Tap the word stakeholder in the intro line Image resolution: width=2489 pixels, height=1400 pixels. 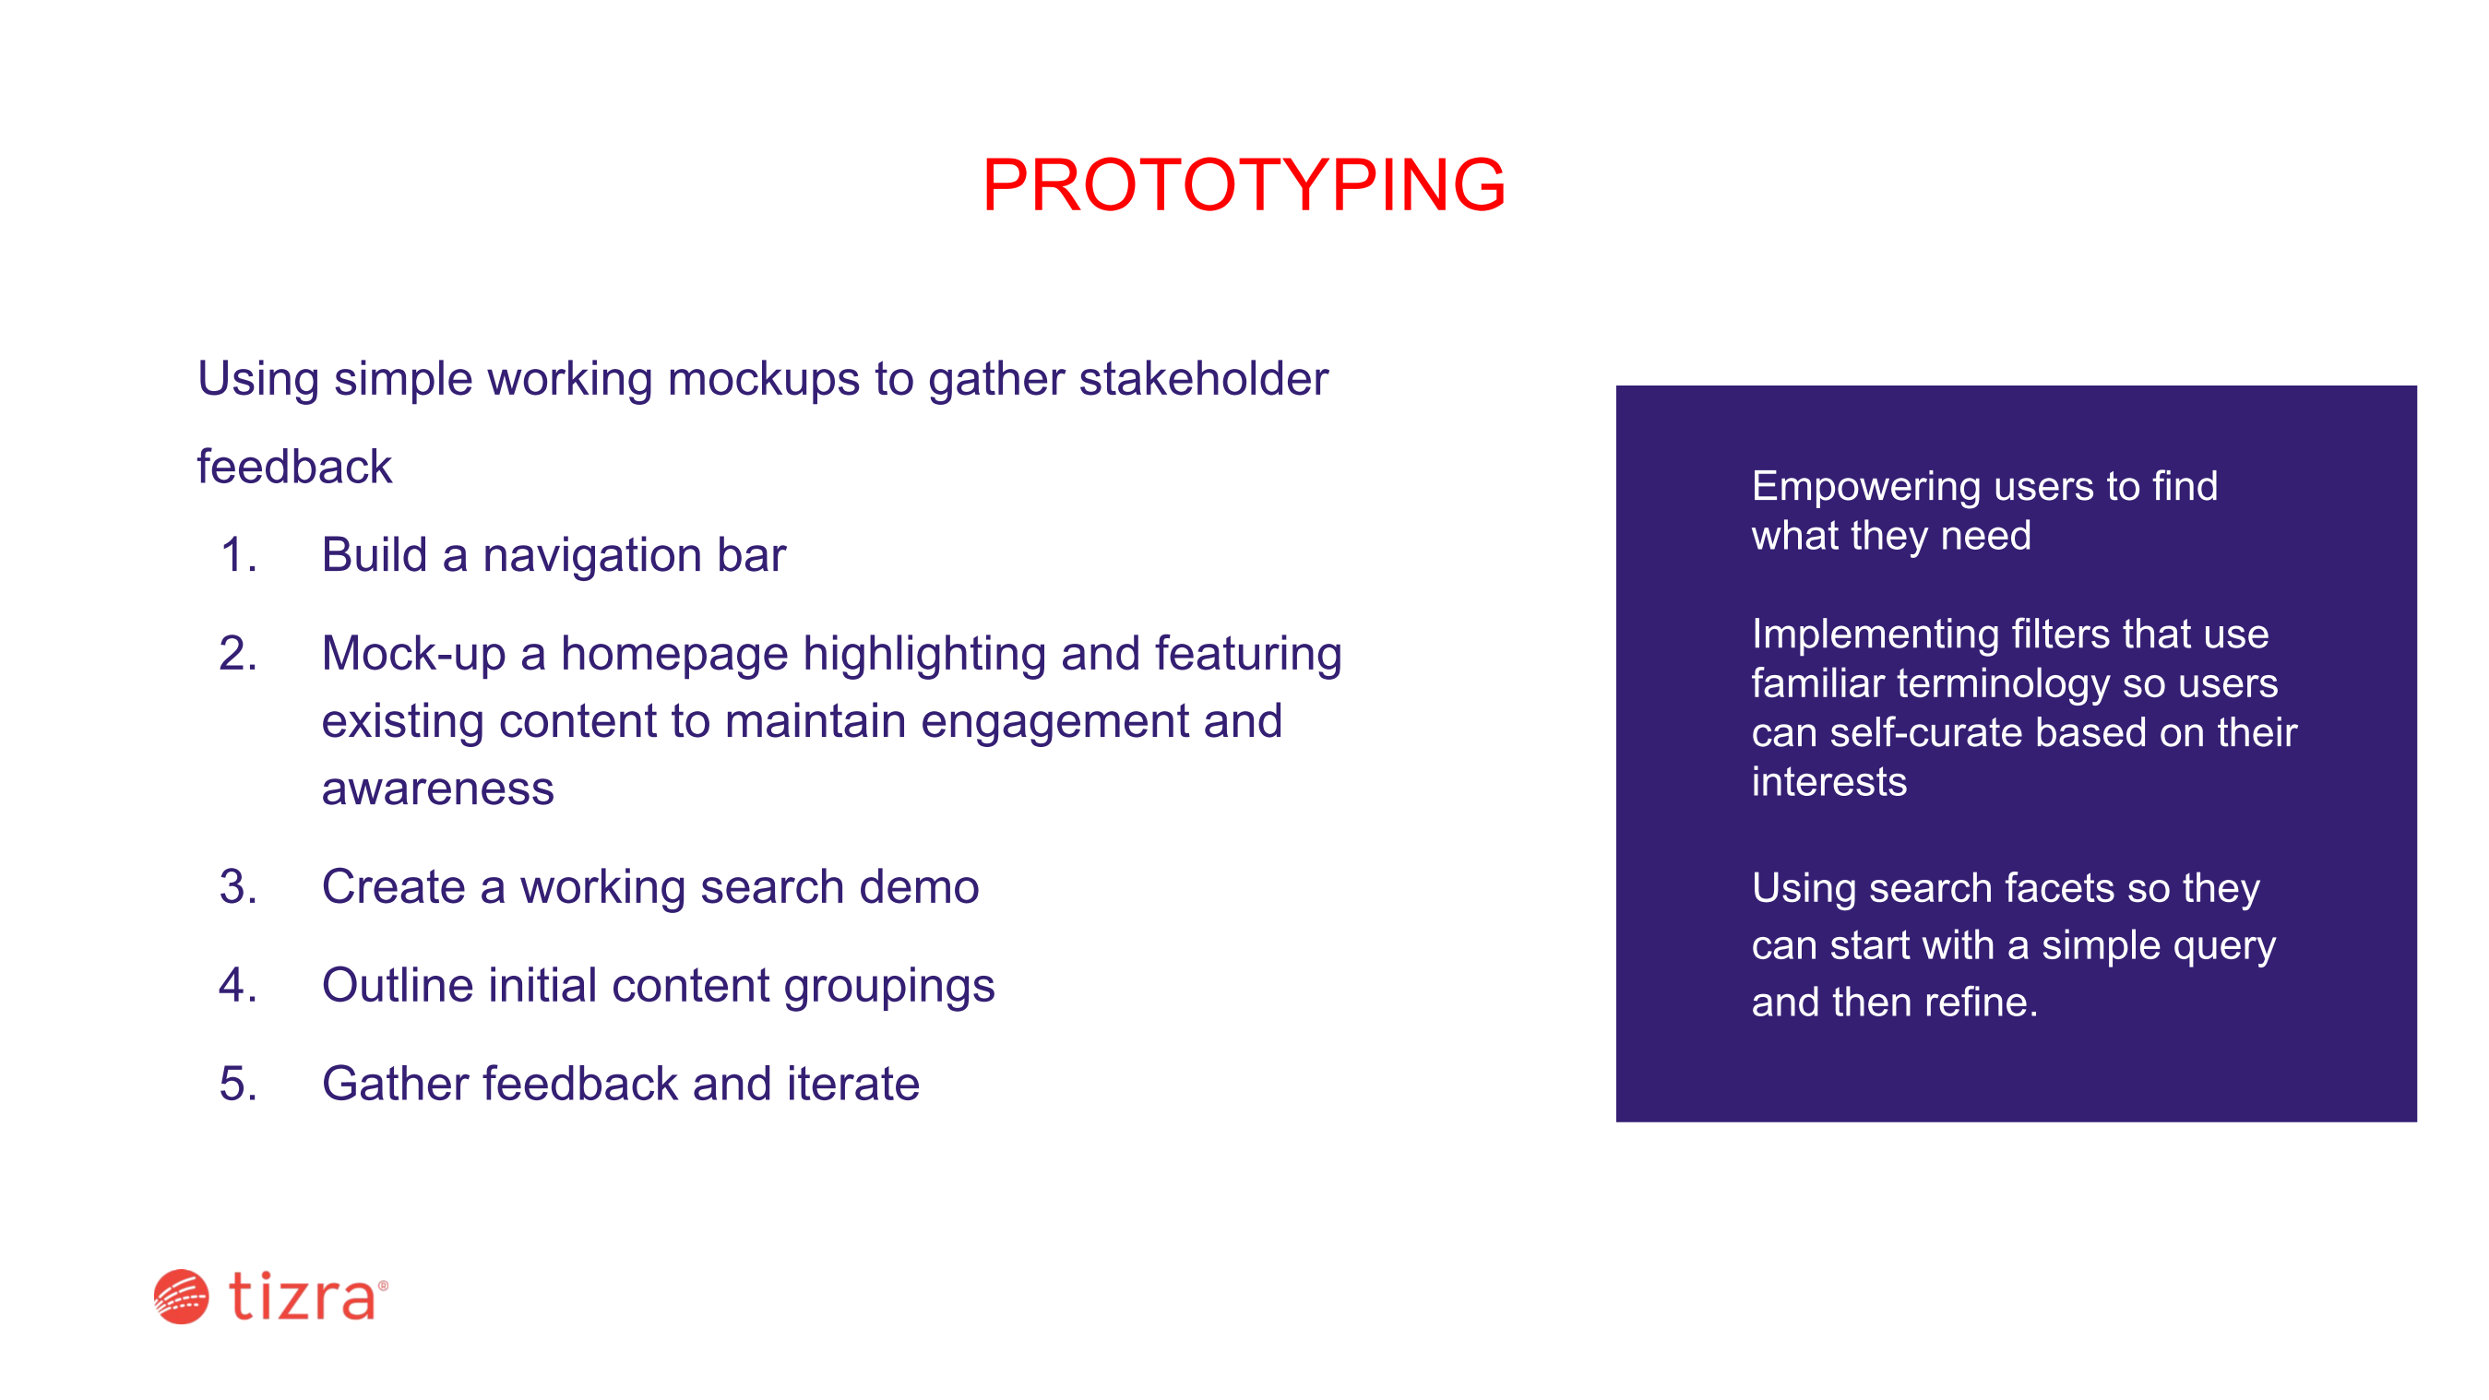[1203, 378]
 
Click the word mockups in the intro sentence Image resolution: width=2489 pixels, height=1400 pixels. [763, 380]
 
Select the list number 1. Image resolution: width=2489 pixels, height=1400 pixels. [239, 555]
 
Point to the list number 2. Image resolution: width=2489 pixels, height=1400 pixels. [239, 654]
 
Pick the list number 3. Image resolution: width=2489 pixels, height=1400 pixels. [239, 887]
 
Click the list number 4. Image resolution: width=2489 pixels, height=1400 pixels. [239, 986]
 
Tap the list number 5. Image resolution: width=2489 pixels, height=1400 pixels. [239, 1084]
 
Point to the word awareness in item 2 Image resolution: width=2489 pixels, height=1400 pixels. [437, 789]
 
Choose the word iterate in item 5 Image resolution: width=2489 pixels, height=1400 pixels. [853, 1084]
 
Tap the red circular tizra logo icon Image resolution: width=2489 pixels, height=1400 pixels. [181, 1297]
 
